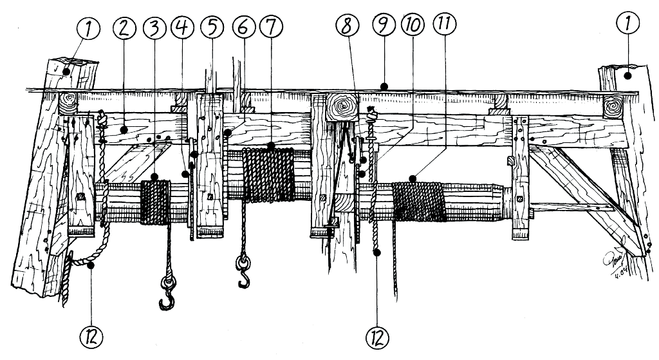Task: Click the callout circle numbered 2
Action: point(124,28)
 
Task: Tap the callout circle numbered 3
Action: point(155,28)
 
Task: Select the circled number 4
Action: point(183,28)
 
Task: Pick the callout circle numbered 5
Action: point(212,28)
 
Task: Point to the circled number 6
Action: point(241,28)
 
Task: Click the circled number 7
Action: point(270,28)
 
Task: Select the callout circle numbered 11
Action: point(443,28)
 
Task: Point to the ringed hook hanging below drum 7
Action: point(243,270)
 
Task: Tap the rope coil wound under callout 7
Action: point(269,174)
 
